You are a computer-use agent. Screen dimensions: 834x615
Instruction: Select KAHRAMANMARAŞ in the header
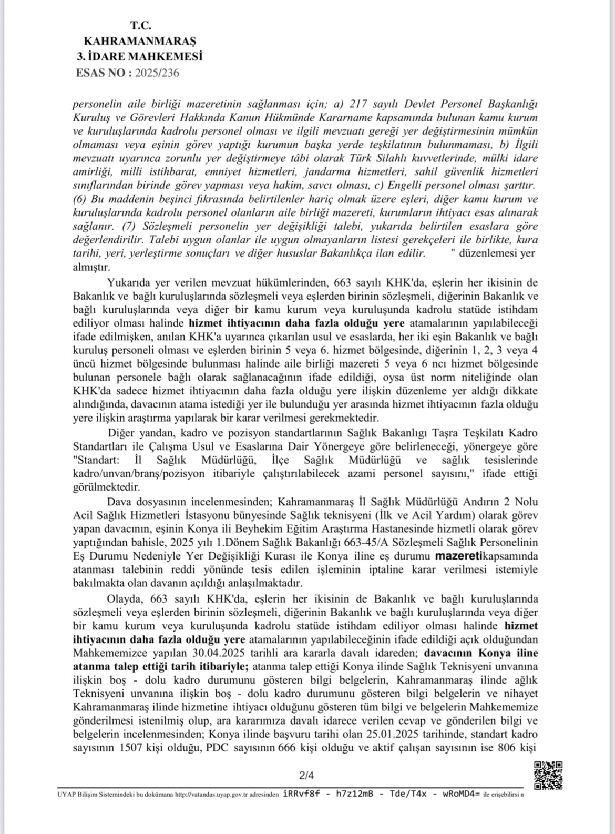coord(140,41)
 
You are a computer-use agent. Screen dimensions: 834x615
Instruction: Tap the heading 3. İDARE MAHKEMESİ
coord(140,56)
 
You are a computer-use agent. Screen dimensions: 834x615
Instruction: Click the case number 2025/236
coord(157,73)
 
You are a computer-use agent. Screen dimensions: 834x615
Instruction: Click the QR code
coord(548,775)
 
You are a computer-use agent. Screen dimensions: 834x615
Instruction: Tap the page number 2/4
coord(306,774)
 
